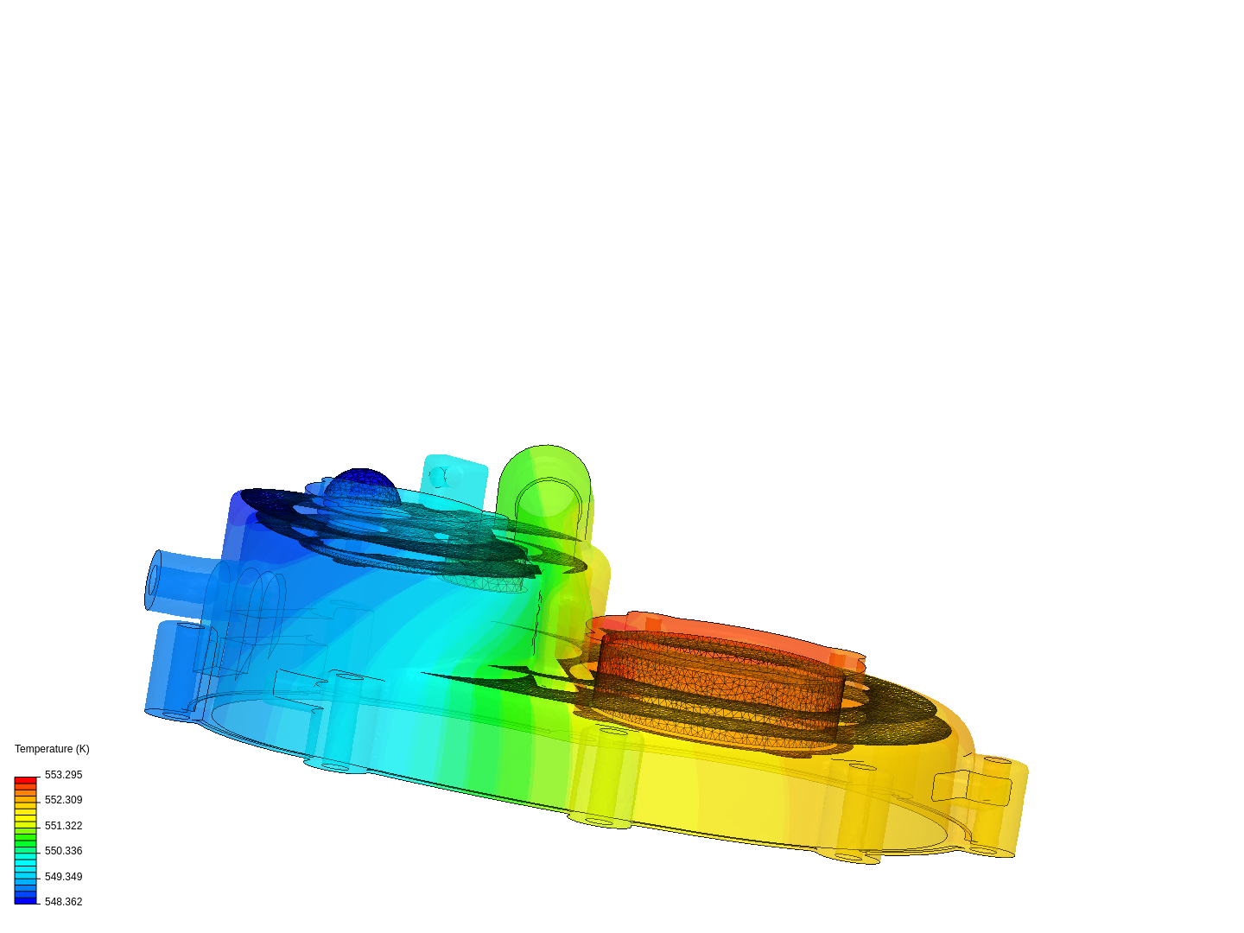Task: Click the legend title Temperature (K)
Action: point(52,749)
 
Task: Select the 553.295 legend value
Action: point(63,775)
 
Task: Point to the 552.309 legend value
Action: point(63,800)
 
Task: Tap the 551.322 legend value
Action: point(63,826)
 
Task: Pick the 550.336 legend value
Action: point(63,851)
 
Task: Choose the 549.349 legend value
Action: point(63,877)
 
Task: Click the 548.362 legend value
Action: point(63,902)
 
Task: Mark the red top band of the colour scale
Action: point(25,780)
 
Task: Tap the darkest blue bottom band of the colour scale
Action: point(25,900)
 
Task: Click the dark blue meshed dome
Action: point(362,486)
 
